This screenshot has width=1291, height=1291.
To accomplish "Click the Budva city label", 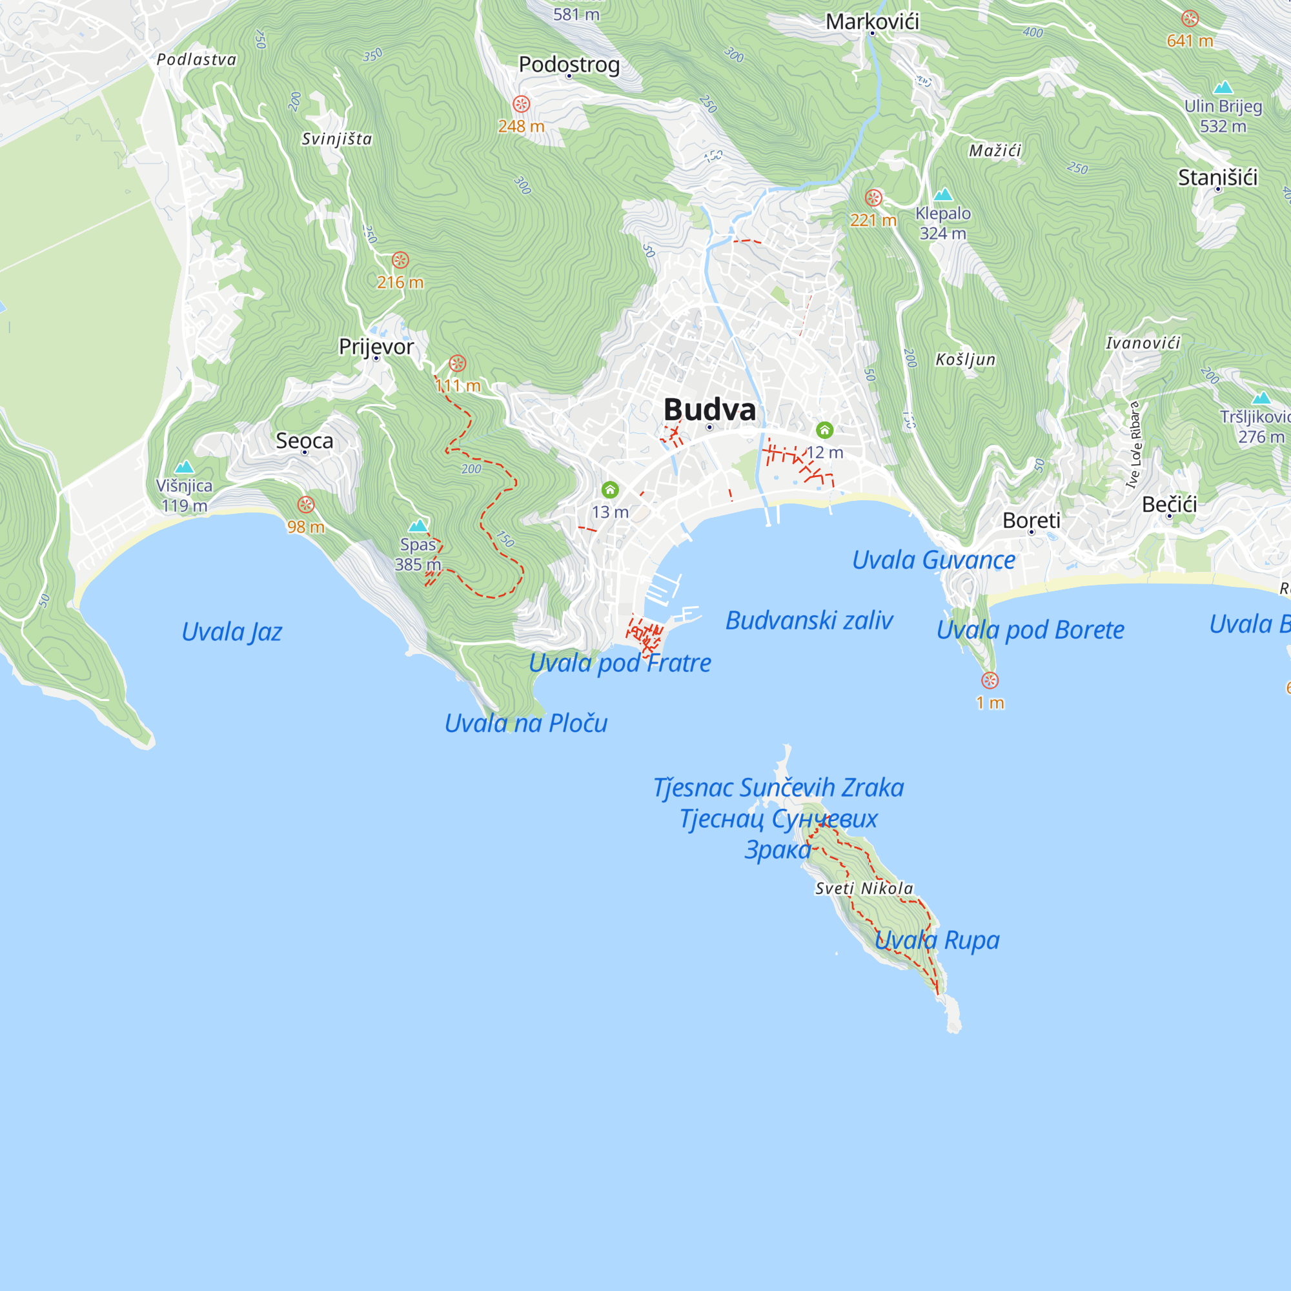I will [x=709, y=410].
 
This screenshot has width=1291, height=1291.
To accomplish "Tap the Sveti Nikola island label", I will [x=864, y=888].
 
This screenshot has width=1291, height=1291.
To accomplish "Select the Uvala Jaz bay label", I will [x=231, y=631].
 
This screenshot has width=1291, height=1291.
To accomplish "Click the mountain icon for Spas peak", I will [x=418, y=525].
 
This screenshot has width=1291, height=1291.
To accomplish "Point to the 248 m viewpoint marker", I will [x=521, y=104].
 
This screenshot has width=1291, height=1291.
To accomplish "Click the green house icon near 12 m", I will [x=824, y=430].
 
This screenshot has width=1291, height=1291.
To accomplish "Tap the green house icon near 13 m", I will [x=609, y=490].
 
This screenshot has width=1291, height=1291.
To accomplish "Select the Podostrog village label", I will [x=569, y=64].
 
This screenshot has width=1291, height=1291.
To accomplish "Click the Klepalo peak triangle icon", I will [x=943, y=194].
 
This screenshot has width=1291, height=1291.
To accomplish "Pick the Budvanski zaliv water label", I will [x=809, y=620].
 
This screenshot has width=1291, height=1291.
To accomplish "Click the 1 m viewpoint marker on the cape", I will [x=990, y=680].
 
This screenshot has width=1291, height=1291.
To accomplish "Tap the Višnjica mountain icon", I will [x=184, y=467].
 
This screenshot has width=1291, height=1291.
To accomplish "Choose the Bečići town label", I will [x=1170, y=504].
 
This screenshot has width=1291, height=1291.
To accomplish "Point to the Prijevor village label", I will [x=376, y=346].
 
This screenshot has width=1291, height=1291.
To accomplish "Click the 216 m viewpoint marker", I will [x=400, y=260].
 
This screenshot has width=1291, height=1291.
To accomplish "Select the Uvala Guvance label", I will [x=933, y=560].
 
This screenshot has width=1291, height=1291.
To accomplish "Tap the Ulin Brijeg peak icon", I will [x=1223, y=88].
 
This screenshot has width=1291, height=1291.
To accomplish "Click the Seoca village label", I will [x=304, y=440].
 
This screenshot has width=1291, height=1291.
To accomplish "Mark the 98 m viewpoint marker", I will [x=306, y=505].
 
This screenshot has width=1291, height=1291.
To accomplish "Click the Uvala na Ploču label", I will [x=526, y=723].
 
